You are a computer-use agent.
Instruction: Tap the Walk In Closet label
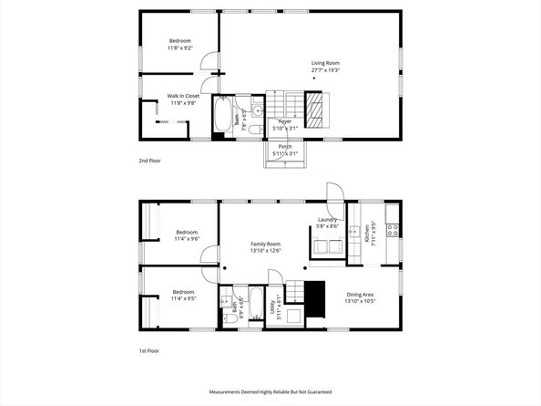[x=183, y=96]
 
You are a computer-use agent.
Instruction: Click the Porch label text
[x=286, y=146]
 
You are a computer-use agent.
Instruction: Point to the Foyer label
[x=285, y=121]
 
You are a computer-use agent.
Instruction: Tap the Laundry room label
[x=328, y=219]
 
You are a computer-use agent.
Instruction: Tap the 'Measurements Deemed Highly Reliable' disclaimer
[x=270, y=391]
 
